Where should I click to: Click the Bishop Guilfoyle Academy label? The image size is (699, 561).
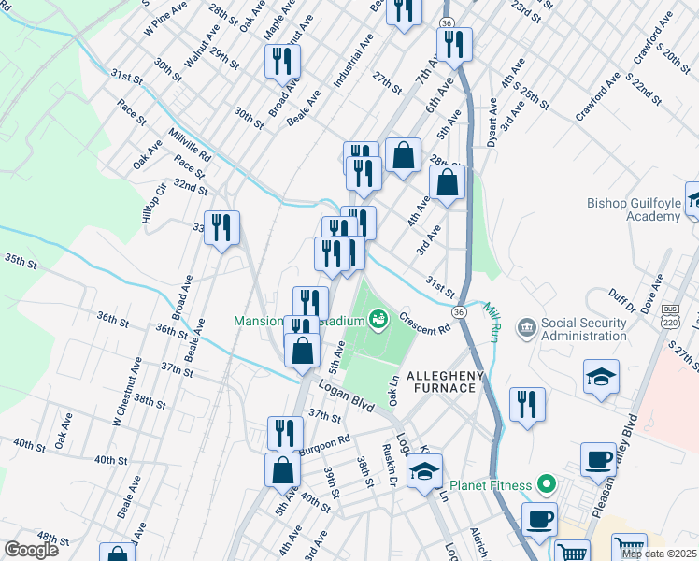tap(634, 209)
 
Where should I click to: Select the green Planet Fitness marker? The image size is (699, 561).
tap(548, 484)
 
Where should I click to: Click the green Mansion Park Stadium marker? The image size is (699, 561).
tap(378, 321)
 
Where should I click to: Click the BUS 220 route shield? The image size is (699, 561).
tap(669, 316)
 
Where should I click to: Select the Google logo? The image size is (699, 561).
tap(30, 549)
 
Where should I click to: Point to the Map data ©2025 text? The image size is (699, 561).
tap(659, 554)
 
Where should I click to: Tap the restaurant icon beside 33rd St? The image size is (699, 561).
tap(221, 227)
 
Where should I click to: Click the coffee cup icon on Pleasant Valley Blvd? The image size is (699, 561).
tap(598, 458)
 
